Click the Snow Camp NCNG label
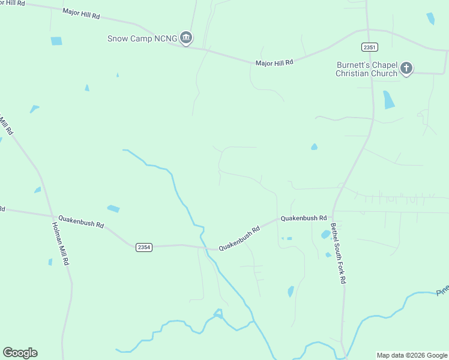[142, 38]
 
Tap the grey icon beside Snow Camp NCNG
[186, 38]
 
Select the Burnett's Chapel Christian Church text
[366, 69]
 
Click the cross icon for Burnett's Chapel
[406, 68]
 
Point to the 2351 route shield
[370, 47]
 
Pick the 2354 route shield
[143, 247]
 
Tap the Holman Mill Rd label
[60, 244]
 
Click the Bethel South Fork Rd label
[338, 253]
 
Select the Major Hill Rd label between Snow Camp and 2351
[274, 62]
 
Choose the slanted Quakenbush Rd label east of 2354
[239, 238]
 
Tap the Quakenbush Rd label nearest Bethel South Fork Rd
[304, 218]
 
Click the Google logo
[20, 353]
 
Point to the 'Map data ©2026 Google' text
[412, 355]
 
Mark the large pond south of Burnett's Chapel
[388, 99]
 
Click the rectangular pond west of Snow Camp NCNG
[56, 41]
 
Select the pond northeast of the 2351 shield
[430, 19]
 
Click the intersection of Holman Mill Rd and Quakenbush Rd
[53, 216]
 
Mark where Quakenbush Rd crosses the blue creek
[205, 248]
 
